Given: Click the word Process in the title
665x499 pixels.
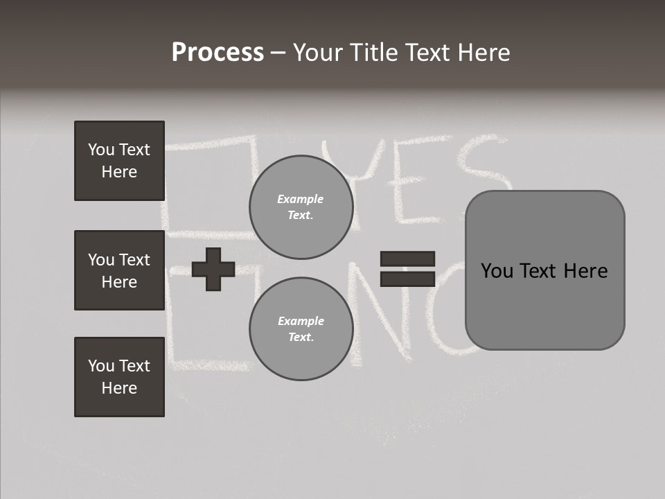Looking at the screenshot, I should (218, 53).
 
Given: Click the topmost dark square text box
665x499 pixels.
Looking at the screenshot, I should (119, 161).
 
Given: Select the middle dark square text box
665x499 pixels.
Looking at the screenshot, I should (119, 270).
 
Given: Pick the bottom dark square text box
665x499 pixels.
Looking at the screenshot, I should (119, 376).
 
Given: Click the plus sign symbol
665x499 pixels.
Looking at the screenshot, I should (213, 270).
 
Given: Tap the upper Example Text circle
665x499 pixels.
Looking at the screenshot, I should (301, 207).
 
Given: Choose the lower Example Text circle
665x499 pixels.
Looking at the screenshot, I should (301, 329).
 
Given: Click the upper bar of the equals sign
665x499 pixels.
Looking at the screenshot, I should (407, 259).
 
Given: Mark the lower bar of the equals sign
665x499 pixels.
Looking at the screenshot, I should (407, 279).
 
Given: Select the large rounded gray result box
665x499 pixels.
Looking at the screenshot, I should (544, 270).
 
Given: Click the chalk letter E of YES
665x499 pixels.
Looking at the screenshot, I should (416, 180).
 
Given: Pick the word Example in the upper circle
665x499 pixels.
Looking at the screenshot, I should (301, 199).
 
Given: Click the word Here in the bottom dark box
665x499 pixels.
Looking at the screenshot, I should (119, 388).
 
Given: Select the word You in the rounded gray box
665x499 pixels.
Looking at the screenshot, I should (497, 270).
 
